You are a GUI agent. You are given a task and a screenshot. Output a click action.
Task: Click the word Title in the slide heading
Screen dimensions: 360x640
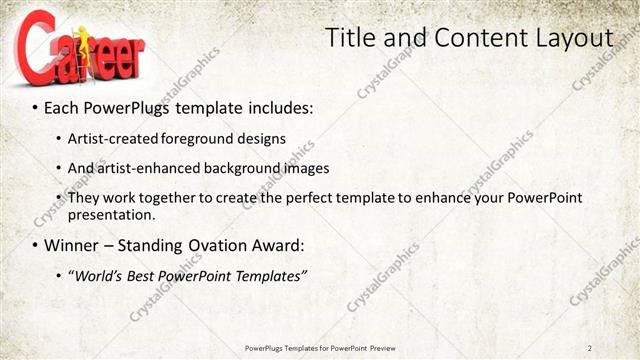pos(352,38)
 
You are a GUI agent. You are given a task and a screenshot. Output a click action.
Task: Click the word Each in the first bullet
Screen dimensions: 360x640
pos(61,106)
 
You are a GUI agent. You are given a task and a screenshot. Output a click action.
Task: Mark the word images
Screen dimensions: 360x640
pos(304,168)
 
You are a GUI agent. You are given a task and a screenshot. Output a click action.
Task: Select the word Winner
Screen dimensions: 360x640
pos(69,245)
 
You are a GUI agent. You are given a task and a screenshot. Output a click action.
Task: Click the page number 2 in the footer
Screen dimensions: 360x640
pos(590,348)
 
